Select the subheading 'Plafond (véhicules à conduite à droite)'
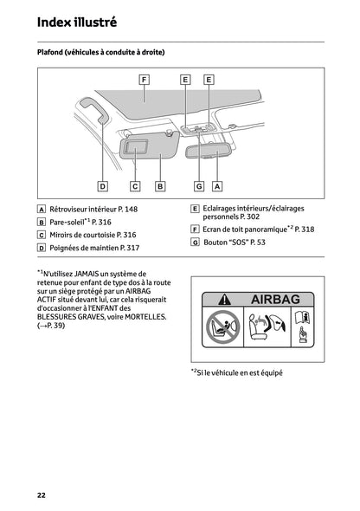100,53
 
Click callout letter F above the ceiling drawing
145,79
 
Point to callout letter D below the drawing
102,185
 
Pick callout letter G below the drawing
198,185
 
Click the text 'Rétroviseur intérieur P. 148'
93,210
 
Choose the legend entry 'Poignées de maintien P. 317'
94,248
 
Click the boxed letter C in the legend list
42,235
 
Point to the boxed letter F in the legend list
195,230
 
